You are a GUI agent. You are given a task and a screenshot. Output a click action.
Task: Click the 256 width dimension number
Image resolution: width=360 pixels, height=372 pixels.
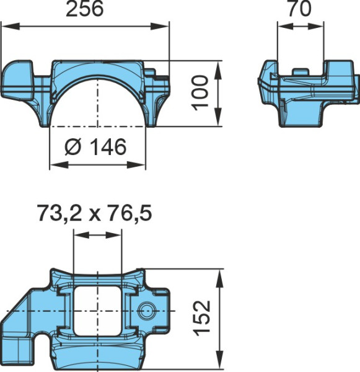coord(85,9)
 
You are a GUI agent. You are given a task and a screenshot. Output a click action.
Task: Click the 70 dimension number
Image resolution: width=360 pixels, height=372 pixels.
coord(300,9)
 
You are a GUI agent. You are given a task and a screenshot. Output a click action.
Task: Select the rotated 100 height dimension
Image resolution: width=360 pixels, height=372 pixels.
coord(200,93)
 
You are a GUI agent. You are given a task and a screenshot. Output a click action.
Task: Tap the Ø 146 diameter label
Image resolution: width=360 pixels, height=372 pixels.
coord(95,147)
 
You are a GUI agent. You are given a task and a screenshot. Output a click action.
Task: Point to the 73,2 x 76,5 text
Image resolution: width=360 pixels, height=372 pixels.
coord(95,213)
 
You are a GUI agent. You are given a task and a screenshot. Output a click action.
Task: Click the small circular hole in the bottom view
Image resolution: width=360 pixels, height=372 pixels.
coord(146,311)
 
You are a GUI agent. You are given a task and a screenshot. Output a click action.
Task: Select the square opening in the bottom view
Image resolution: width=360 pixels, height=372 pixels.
coord(97,311)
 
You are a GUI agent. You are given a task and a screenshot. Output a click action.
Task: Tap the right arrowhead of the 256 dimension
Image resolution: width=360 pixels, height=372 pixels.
coord(160,27)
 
